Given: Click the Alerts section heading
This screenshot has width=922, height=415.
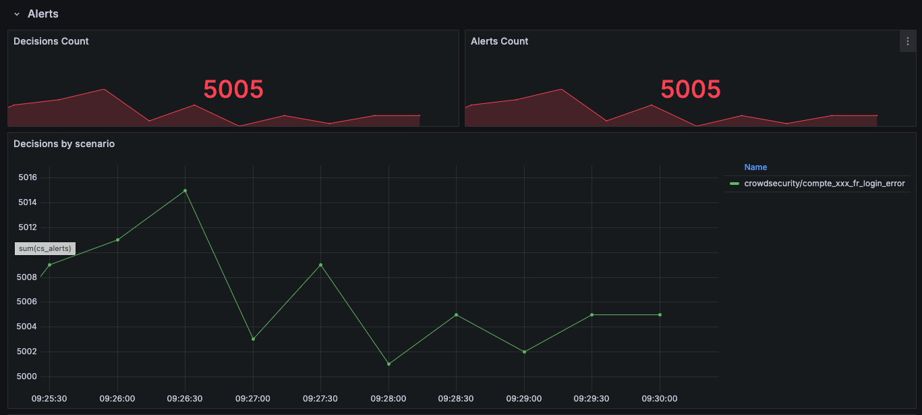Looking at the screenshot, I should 43,13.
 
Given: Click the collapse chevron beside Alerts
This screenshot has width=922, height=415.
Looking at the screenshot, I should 17,14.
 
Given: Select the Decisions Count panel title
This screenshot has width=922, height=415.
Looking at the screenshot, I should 51,41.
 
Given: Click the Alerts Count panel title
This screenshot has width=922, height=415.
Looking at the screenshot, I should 499,41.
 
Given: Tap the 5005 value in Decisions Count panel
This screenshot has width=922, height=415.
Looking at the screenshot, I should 233,89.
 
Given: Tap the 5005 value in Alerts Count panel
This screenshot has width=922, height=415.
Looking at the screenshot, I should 691,89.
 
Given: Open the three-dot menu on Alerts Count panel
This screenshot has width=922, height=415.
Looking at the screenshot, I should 907,41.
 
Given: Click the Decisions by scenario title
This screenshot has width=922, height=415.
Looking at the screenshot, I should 64,144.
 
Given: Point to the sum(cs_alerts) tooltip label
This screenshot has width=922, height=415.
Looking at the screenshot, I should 45,248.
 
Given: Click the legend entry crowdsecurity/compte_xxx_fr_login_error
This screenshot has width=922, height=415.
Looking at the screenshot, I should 824,184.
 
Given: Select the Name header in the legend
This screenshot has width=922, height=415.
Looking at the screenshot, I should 755,167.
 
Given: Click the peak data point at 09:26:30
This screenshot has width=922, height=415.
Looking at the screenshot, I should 185,190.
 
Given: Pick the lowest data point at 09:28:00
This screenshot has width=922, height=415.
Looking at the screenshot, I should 389,364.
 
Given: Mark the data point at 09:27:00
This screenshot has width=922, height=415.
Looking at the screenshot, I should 253,339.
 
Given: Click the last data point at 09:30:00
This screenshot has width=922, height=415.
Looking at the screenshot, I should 660,314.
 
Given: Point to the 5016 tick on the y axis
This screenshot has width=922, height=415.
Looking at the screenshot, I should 28,177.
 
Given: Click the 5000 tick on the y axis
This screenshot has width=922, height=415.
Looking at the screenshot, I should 28,377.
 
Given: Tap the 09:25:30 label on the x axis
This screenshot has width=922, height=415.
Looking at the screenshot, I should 49,399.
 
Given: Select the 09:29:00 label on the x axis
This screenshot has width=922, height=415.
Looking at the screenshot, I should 524,399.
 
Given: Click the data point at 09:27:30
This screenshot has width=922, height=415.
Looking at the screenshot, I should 320,265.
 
